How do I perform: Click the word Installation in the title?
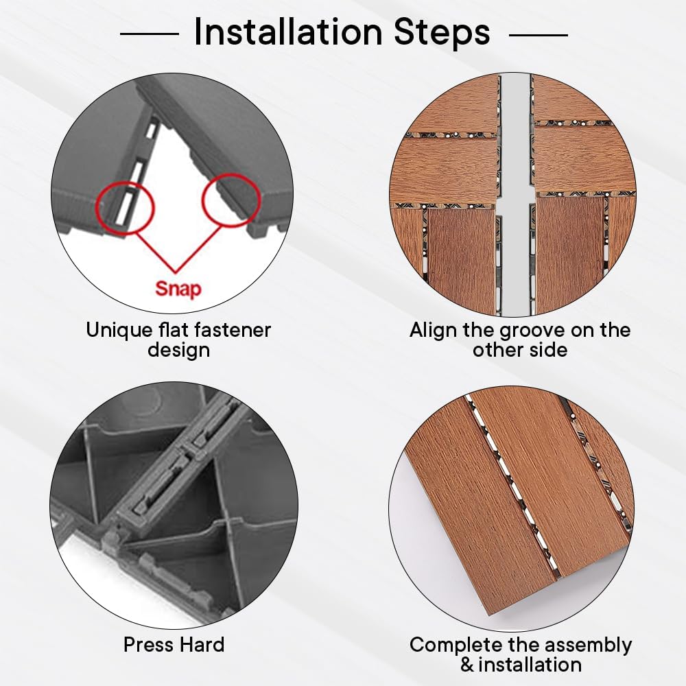pos(288,32)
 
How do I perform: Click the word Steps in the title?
pos(442,32)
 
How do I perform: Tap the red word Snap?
pos(178,289)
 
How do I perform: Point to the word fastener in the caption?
pos(233,330)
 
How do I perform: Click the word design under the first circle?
pos(178,351)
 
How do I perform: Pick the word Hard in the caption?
pos(202,644)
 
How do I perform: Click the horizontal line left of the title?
pos(150,34)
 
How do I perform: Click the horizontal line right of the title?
pos(539,34)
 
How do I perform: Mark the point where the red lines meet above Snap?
pos(176,272)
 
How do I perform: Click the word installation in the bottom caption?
pos(530,665)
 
